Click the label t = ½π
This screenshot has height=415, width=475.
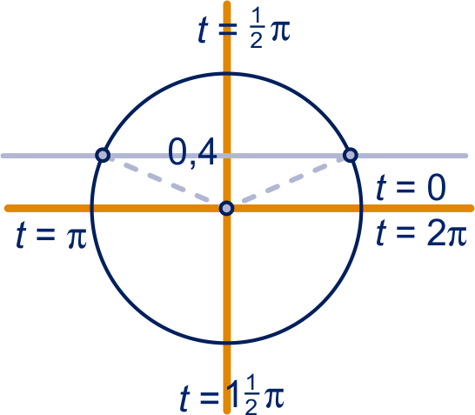[244, 30]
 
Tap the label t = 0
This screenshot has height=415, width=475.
[411, 188]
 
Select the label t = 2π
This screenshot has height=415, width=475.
[421, 233]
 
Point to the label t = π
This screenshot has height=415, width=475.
[51, 235]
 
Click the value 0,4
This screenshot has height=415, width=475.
[192, 152]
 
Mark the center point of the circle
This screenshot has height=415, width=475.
[226, 209]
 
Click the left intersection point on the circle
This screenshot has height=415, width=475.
[103, 155]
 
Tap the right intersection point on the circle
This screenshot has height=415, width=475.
[351, 155]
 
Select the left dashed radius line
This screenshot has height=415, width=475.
[161, 180]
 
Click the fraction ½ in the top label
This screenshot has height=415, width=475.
[257, 30]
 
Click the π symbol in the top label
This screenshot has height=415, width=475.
[280, 31]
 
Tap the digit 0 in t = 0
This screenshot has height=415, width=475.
[437, 188]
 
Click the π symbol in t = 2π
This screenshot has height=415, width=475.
[456, 237]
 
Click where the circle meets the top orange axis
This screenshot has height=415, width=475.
[227, 73]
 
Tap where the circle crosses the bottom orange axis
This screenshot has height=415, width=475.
[227, 343]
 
